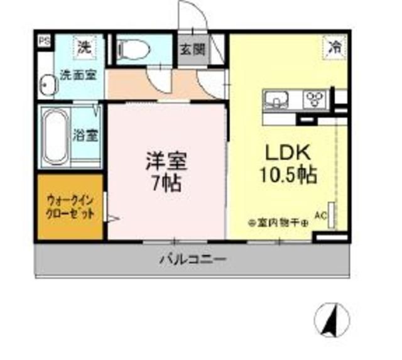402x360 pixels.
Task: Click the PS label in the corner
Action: pyautogui.click(x=43, y=41)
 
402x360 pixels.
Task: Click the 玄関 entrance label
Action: pyautogui.click(x=193, y=49)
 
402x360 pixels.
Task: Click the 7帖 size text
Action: pyautogui.click(x=166, y=184)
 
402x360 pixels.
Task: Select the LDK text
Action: pyautogui.click(x=288, y=153)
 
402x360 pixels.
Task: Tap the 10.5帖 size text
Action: pyautogui.click(x=288, y=174)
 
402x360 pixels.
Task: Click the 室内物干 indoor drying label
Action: pyautogui.click(x=277, y=222)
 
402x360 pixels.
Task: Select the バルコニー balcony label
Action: pyautogui.click(x=192, y=258)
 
